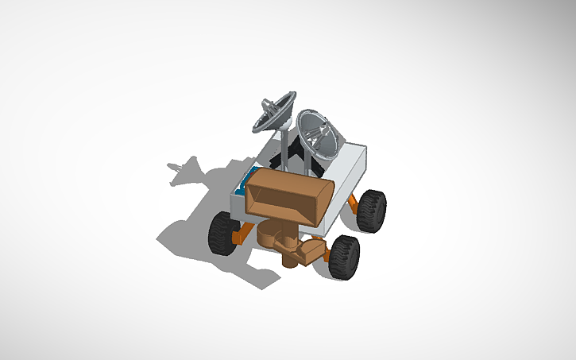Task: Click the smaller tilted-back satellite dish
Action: pyautogui.click(x=274, y=113)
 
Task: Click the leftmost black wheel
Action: pyautogui.click(x=222, y=232)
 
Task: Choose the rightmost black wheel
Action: pyautogui.click(x=370, y=209)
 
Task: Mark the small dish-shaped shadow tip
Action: pyautogui.click(x=180, y=169)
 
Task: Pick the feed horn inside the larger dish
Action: pyautogui.click(x=318, y=135)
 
